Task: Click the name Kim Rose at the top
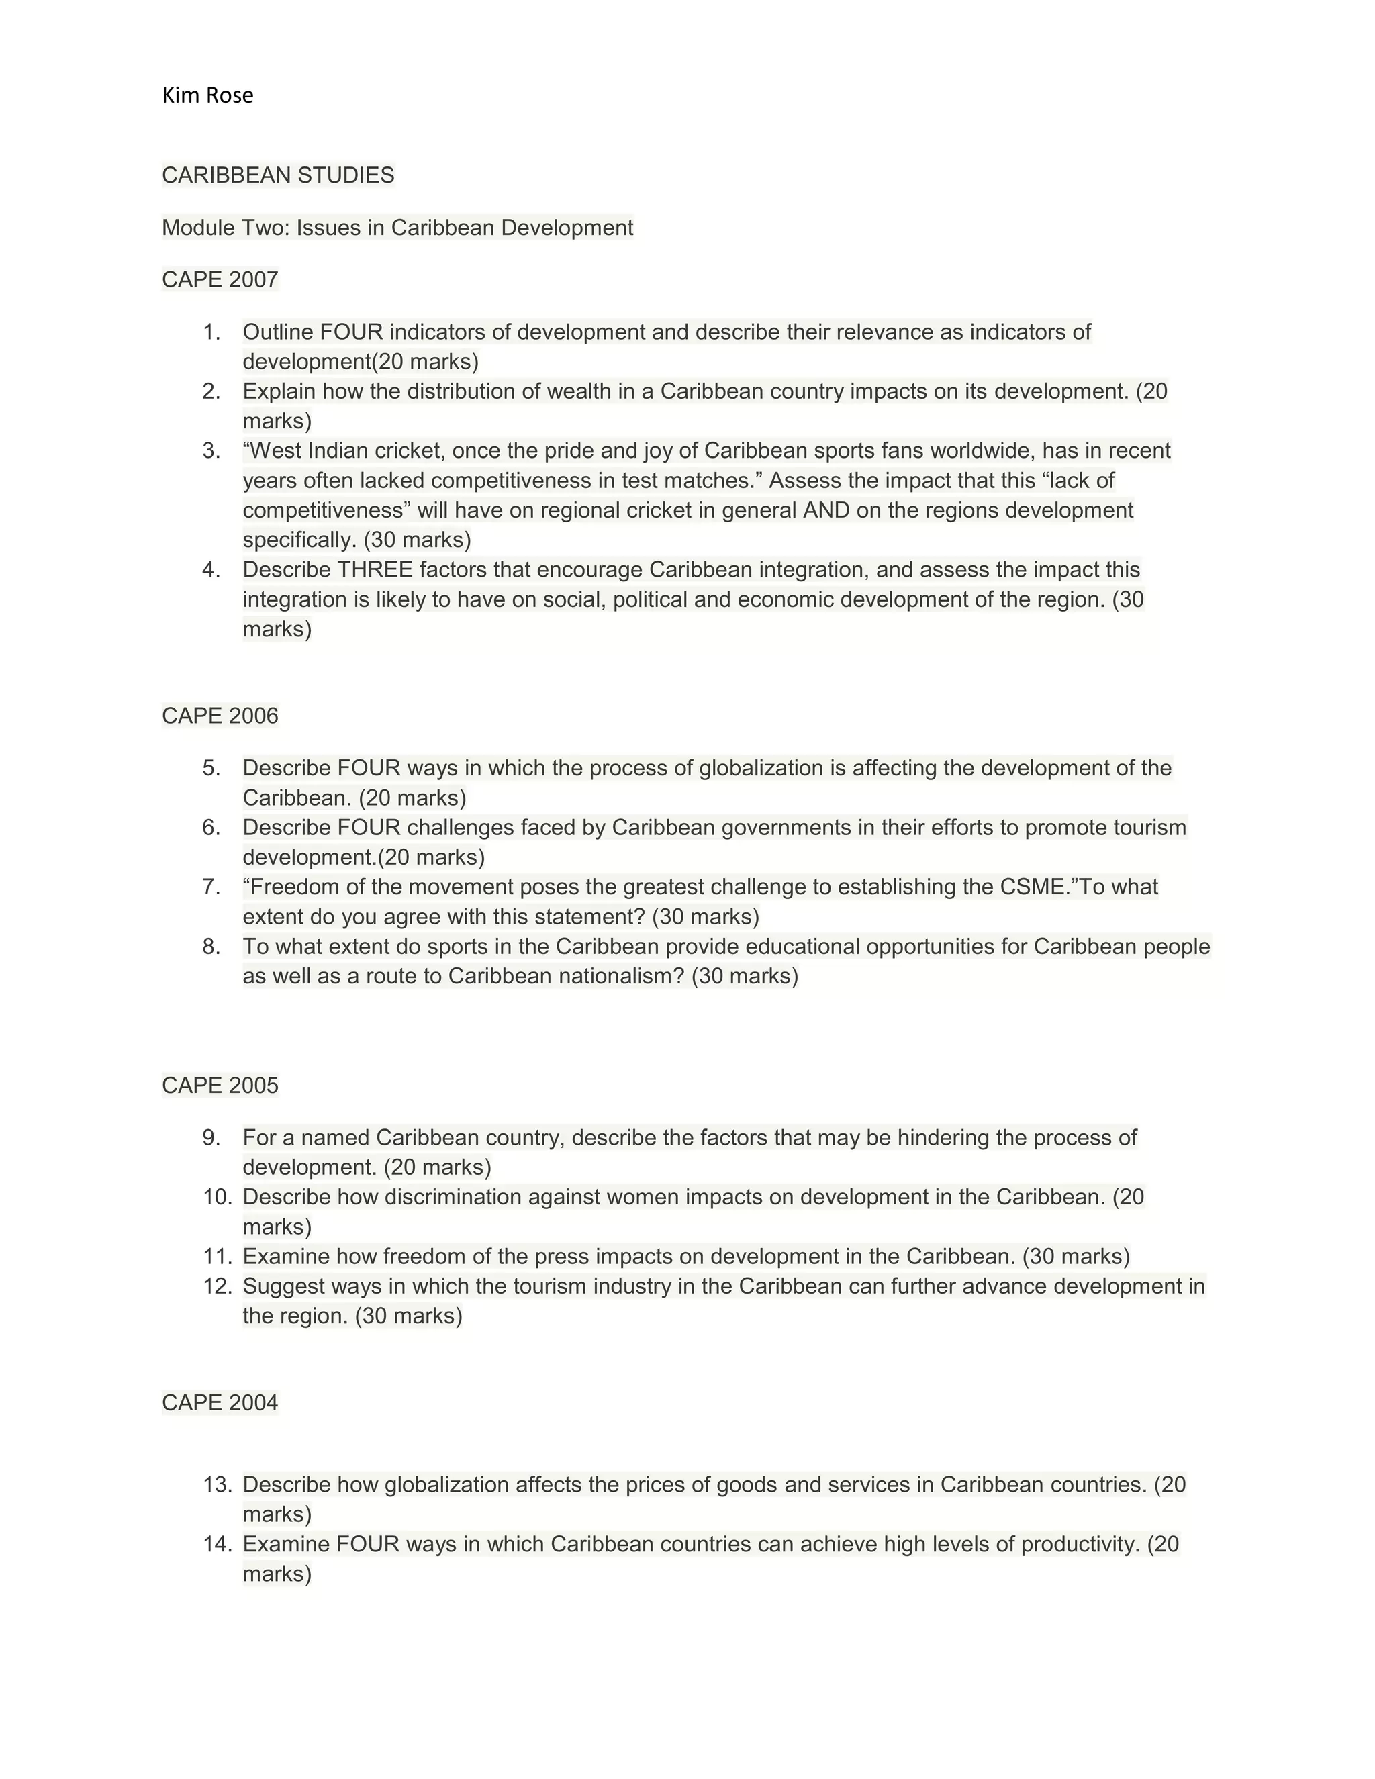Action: tap(207, 95)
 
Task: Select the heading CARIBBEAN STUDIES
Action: tap(278, 175)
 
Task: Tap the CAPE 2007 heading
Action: tap(220, 279)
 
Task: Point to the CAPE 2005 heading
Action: tap(220, 1085)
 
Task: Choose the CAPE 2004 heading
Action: tap(220, 1402)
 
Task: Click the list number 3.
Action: tap(211, 450)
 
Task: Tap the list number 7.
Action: tap(211, 886)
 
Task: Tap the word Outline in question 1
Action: tap(278, 332)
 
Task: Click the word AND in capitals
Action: tap(825, 510)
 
